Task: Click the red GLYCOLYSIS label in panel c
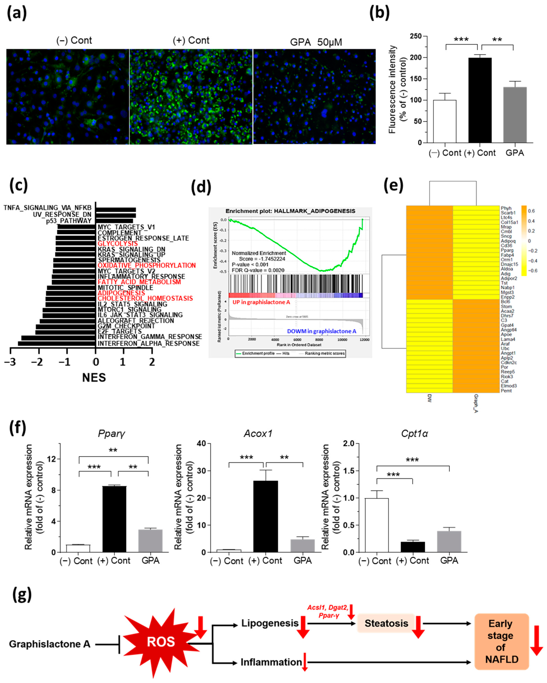(x=118, y=244)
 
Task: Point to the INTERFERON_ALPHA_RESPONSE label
(x=149, y=343)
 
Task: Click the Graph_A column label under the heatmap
(x=476, y=403)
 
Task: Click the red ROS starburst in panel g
(x=161, y=642)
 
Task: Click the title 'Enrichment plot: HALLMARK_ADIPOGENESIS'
(x=290, y=211)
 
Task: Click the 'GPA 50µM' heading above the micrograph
(x=316, y=42)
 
